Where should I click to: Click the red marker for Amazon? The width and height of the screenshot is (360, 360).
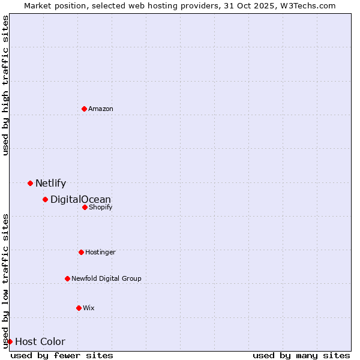tap(85, 109)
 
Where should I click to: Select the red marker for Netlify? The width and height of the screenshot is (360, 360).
tap(30, 183)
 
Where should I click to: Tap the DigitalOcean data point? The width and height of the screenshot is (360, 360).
tap(45, 199)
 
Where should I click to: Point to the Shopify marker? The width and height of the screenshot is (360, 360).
tap(85, 207)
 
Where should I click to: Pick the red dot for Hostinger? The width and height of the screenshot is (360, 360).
tap(81, 252)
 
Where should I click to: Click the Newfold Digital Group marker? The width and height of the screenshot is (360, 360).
tap(67, 278)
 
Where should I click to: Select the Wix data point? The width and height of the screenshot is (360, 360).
tap(79, 308)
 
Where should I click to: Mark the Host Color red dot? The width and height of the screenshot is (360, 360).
tap(10, 341)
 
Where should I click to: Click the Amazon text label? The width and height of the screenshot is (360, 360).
tap(101, 109)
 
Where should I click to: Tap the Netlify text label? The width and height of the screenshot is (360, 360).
tap(50, 184)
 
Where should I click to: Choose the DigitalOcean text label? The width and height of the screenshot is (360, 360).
tap(80, 200)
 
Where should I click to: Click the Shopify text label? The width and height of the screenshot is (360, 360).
tap(100, 207)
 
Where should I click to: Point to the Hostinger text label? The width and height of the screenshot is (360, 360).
tap(100, 252)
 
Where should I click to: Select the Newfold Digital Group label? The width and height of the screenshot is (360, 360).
tap(106, 278)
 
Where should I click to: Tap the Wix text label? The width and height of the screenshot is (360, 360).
tap(89, 308)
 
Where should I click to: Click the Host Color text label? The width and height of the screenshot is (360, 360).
tap(40, 342)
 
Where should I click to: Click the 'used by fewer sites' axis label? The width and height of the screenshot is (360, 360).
tap(62, 355)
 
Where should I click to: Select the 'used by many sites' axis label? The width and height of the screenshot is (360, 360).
tap(301, 355)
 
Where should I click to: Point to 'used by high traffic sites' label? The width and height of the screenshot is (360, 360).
tap(5, 85)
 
